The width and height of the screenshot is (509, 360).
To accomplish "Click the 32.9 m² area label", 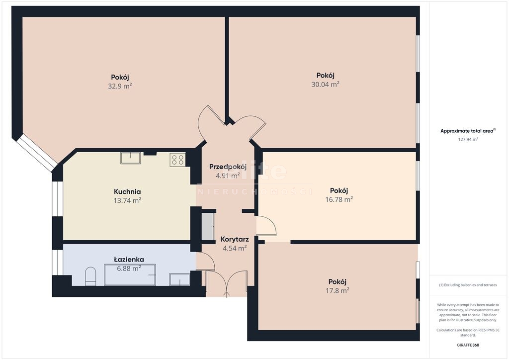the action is tap(120, 86).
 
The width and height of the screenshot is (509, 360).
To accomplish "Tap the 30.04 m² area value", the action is tap(325, 85).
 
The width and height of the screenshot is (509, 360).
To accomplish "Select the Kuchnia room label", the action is tap(127, 191).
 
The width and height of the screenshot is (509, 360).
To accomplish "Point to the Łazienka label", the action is tap(129, 260).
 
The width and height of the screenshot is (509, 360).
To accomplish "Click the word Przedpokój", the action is tap(228, 167).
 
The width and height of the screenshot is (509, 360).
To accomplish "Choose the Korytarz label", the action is tap(235, 240).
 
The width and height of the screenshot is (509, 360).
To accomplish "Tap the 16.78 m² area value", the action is tap(339, 199).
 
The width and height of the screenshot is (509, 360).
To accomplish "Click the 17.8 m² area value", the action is tap(338, 290).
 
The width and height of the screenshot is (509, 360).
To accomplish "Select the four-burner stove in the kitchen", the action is tap(177, 160).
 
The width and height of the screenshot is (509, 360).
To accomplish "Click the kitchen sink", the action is tap(131, 158).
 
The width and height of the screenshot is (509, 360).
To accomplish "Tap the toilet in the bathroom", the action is tap(90, 276).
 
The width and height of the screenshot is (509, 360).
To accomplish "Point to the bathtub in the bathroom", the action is tap(130, 275).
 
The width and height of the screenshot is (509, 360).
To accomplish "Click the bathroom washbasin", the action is tap(179, 279).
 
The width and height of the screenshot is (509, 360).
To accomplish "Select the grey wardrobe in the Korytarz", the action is tap(208, 227).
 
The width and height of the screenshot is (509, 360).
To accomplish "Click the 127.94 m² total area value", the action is tap(468, 140).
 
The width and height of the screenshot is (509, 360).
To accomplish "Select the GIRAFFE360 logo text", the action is tap(468, 345).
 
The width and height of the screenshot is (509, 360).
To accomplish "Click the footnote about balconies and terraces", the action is tap(468, 285).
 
